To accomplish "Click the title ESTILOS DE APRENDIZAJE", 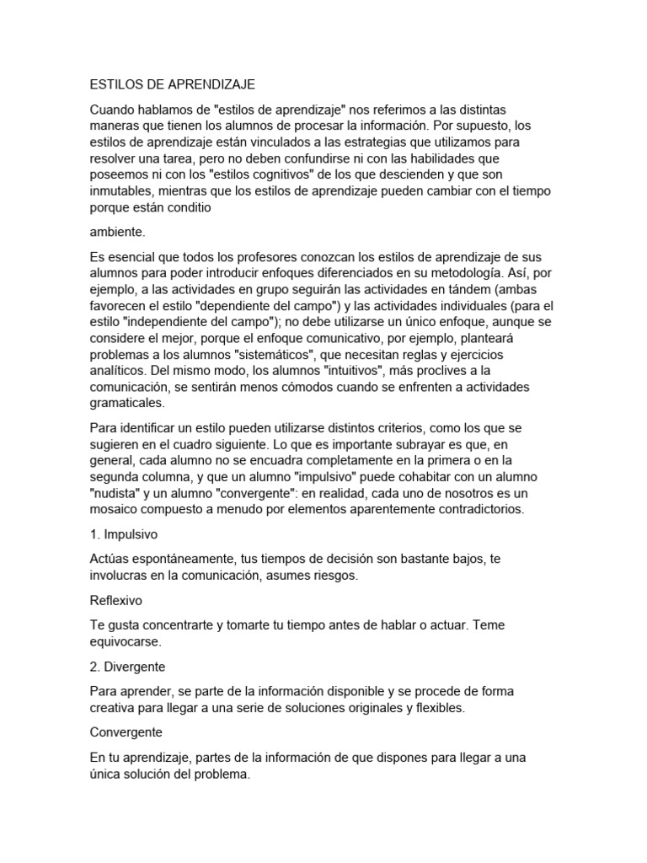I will pos(171,85).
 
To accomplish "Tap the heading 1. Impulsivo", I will pos(124,534).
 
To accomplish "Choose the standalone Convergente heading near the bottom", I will pos(126,733).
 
